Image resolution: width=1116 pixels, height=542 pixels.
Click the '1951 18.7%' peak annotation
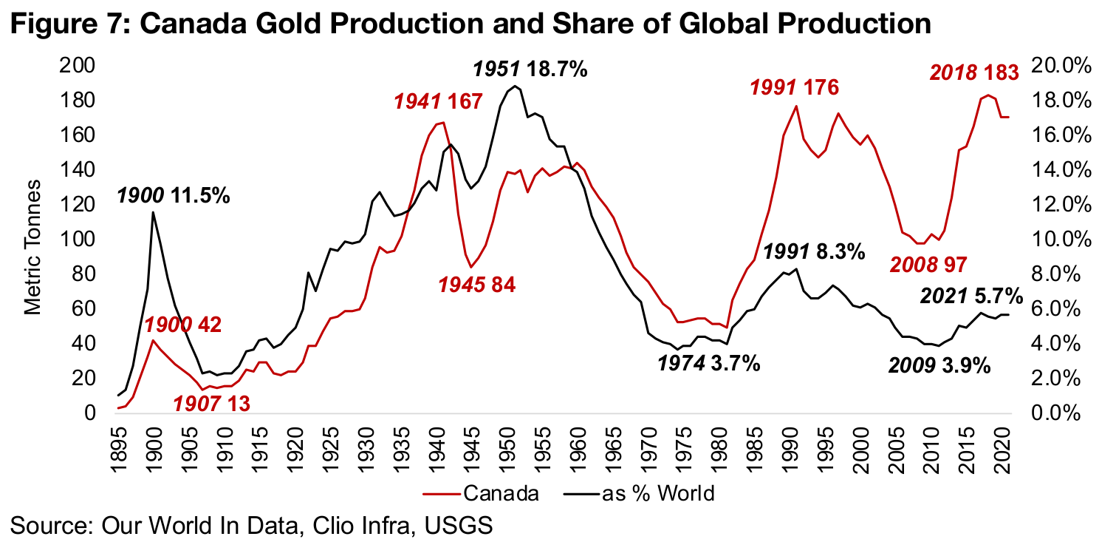530,70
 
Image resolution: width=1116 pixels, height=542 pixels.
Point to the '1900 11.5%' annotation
173,197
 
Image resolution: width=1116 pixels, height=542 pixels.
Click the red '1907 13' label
211,404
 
